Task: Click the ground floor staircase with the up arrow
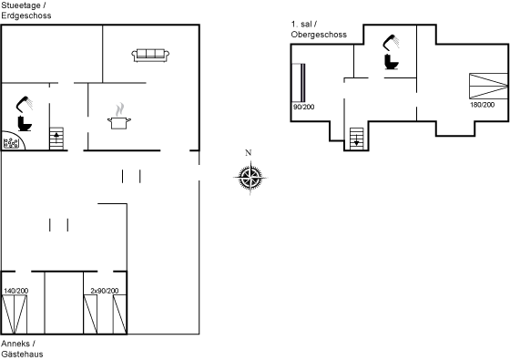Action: pos(56,139)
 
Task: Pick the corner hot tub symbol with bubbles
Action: pos(12,141)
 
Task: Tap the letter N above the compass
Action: pos(249,152)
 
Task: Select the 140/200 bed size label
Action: pos(15,290)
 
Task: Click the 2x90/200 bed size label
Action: pos(104,290)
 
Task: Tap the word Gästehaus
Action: pos(22,354)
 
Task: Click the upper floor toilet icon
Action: pos(393,62)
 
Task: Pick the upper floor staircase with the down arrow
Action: pos(356,138)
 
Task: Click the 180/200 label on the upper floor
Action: pos(482,105)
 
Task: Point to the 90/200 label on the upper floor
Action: pos(303,107)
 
